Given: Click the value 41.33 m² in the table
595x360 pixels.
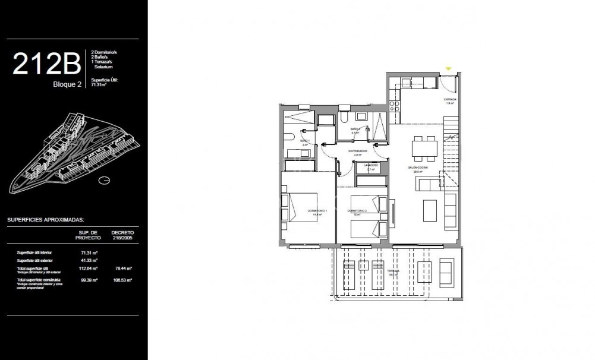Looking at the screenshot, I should pos(86,261).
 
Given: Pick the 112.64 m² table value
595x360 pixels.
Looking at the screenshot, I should pos(87,269).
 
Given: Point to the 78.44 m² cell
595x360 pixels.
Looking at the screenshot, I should pos(122,269).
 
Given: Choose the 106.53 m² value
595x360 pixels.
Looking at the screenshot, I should pos(122,279).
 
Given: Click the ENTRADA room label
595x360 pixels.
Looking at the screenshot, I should pos(450,99).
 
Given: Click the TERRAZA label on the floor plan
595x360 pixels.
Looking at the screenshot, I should pos(391,271).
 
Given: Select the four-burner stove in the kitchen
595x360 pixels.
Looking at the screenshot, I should pos(394,106).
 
